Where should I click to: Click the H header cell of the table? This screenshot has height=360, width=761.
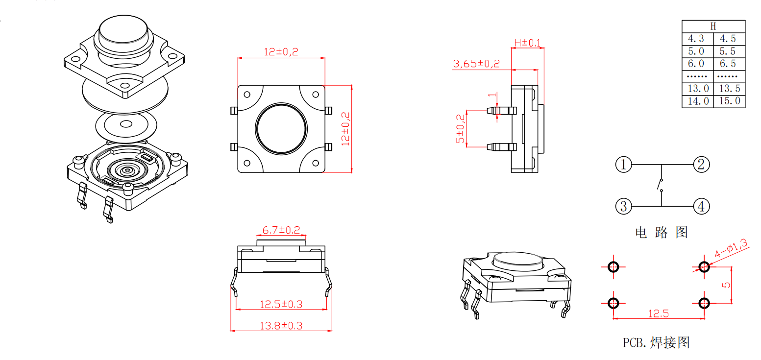[x=713, y=26]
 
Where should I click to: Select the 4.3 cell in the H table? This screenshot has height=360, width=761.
[x=697, y=39]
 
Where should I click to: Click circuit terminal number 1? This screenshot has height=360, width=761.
[x=623, y=165]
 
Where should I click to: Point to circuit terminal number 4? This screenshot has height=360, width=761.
[x=701, y=206]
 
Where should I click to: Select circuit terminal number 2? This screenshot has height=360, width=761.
[x=701, y=165]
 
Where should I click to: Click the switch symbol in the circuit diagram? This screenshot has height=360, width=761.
[x=661, y=185]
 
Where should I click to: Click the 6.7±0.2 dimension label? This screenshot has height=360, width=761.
[x=281, y=230]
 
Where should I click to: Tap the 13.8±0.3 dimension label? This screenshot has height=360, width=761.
[x=281, y=326]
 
